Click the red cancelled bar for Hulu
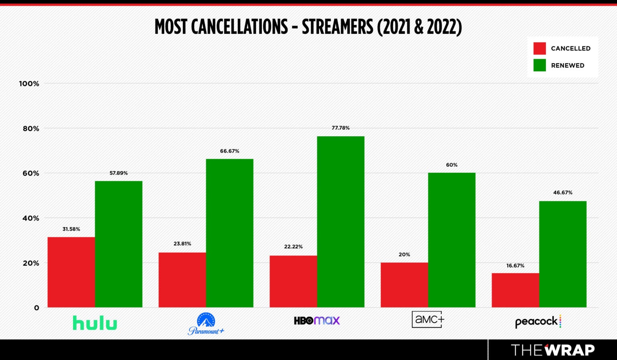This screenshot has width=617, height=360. (71, 272)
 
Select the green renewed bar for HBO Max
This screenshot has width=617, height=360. (341, 222)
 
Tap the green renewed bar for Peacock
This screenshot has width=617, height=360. (562, 254)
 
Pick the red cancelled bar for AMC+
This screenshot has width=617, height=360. (404, 285)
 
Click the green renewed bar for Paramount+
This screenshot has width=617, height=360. (229, 233)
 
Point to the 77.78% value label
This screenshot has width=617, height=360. (341, 128)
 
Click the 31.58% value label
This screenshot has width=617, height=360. (71, 229)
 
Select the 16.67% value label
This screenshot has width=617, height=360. (515, 266)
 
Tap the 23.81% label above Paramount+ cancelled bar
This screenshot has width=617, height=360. (182, 243)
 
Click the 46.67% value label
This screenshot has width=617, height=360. (562, 192)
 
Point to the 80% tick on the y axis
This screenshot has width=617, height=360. (31, 129)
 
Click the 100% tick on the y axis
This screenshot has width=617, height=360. (29, 84)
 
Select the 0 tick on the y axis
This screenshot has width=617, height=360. (37, 308)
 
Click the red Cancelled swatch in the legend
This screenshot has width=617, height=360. (539, 48)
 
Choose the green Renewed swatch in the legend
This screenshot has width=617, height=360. (539, 65)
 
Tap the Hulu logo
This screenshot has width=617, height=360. (95, 323)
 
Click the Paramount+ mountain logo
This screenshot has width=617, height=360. (206, 321)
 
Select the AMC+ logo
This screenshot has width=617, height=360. (428, 319)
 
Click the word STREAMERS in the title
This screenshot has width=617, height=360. (337, 27)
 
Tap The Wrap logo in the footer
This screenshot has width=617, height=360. (552, 350)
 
